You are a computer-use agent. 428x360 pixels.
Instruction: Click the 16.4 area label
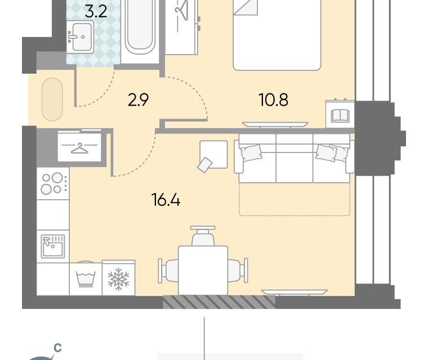tap(166, 200)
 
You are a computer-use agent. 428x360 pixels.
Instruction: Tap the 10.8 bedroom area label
tap(273, 100)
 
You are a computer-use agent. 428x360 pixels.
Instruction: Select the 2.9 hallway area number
tap(138, 100)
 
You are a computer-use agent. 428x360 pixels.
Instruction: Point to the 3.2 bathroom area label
tap(96, 12)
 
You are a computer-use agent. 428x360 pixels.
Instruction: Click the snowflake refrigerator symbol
tap(118, 279)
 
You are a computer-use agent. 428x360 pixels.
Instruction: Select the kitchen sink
tap(53, 246)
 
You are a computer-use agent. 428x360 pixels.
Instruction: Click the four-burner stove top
tap(53, 183)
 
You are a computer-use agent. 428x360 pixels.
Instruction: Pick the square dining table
tap(203, 270)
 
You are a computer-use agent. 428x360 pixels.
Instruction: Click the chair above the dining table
tap(203, 236)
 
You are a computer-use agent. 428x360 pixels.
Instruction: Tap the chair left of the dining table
tap(168, 271)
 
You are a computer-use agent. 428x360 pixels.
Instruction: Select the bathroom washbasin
tap(80, 37)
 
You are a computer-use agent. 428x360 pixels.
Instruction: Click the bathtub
tap(140, 27)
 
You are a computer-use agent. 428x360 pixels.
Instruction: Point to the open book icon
tap(340, 116)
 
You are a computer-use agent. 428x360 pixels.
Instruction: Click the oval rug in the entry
tap(52, 99)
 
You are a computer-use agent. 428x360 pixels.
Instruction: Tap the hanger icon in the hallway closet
tap(79, 148)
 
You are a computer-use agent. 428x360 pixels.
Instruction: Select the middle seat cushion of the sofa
tap(294, 158)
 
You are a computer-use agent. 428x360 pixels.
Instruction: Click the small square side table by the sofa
tap(213, 155)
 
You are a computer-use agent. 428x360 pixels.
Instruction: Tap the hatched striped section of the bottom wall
tap(219, 302)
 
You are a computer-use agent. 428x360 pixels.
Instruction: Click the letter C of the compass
tap(57, 348)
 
